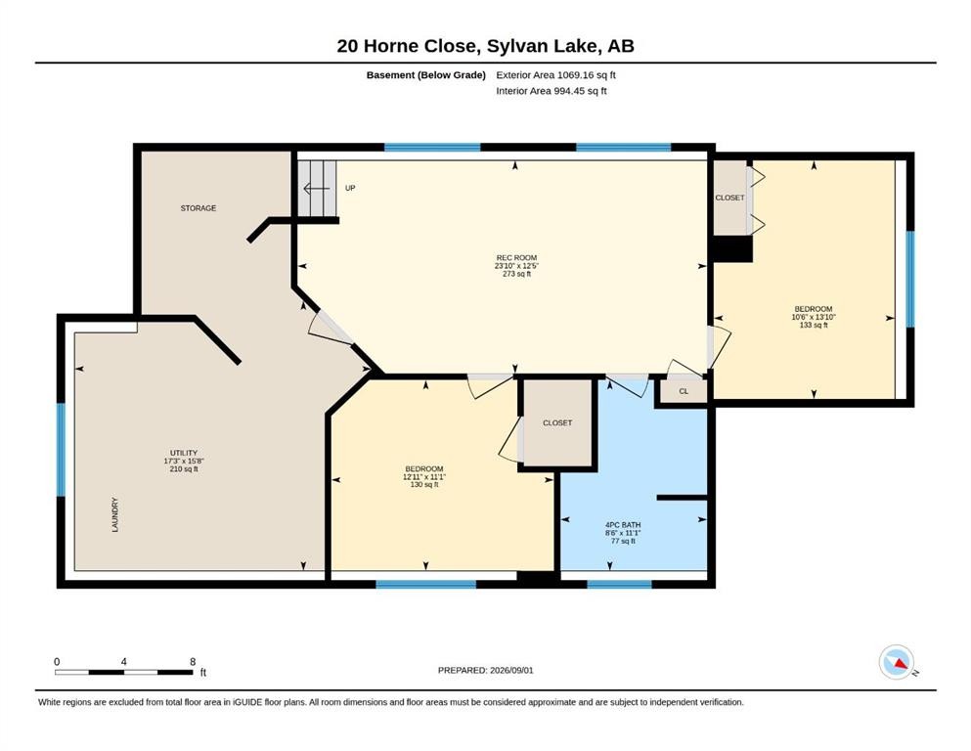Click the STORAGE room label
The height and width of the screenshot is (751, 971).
click(x=199, y=208)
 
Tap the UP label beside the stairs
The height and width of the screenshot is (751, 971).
click(x=350, y=188)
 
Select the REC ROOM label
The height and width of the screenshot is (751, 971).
click(x=516, y=257)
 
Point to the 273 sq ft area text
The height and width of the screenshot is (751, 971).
click(x=516, y=274)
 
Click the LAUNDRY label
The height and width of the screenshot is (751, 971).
click(x=115, y=514)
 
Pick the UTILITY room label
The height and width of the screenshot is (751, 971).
click(x=184, y=453)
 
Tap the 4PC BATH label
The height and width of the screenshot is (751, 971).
click(x=623, y=525)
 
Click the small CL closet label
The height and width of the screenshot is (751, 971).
click(x=684, y=391)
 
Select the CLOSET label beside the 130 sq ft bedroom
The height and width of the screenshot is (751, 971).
click(x=557, y=422)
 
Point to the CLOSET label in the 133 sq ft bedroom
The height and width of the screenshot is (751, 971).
click(x=729, y=198)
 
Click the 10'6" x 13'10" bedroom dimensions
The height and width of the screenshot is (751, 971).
click(x=814, y=317)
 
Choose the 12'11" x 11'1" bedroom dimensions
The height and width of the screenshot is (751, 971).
click(x=424, y=477)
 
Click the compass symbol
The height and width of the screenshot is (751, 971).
click(x=897, y=662)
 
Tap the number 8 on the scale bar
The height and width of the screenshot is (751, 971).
click(x=194, y=661)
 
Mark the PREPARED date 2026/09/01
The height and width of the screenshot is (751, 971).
click(x=511, y=670)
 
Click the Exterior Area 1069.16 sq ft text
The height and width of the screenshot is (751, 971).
click(x=555, y=75)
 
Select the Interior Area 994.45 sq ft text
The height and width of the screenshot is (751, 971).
click(x=552, y=91)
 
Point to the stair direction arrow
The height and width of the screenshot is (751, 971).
click(x=317, y=188)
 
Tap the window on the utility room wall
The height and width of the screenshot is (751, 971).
click(x=62, y=450)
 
